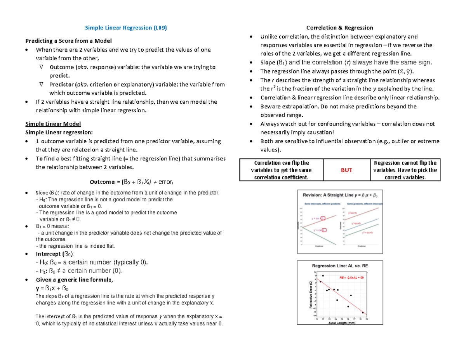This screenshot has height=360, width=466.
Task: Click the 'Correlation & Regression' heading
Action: tap(339, 28)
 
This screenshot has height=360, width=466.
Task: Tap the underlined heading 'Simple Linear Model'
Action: tap(53, 124)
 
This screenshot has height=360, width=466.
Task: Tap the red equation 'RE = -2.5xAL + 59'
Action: tap(351, 278)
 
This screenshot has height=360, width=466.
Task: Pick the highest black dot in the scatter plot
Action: tap(323, 276)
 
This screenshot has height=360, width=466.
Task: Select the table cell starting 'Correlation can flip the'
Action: tap(281, 170)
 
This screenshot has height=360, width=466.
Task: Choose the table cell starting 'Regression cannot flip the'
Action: tap(405, 170)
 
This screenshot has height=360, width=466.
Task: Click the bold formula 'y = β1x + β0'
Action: tap(52, 289)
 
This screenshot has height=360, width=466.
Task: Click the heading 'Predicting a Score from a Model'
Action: tap(68, 41)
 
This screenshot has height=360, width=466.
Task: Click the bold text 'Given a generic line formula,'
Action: tap(74, 280)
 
